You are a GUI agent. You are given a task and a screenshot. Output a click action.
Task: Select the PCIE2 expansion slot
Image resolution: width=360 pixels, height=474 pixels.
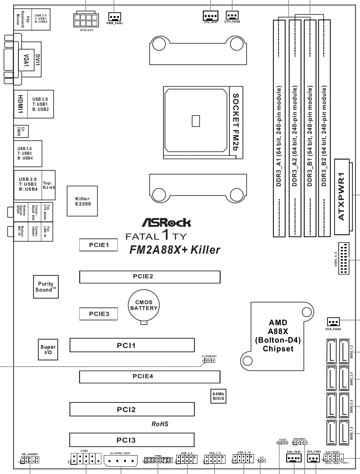[x=150, y=277]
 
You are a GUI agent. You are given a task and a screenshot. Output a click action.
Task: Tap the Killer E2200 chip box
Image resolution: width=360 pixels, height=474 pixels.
[x=82, y=201]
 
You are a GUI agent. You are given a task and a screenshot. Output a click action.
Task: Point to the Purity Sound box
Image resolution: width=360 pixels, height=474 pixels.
[x=46, y=287]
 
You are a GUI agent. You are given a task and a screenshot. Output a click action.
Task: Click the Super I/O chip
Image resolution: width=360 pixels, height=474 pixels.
[x=48, y=350]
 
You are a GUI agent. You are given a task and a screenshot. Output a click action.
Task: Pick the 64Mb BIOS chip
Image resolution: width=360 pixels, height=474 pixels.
[x=218, y=396]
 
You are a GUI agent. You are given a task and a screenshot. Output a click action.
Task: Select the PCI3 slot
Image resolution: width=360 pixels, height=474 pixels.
[x=132, y=440]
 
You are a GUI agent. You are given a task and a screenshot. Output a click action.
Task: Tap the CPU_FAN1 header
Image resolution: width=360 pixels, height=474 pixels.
[x=211, y=16]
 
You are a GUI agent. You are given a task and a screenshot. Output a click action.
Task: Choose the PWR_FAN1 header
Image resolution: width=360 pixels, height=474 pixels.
[x=114, y=17]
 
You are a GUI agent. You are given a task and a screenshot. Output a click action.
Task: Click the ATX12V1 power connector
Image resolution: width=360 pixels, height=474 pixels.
[x=86, y=20]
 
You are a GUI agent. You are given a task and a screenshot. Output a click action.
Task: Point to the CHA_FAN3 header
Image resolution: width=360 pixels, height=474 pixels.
[x=333, y=322]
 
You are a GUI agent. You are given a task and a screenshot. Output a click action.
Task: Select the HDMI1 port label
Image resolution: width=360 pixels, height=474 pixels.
[x=21, y=104]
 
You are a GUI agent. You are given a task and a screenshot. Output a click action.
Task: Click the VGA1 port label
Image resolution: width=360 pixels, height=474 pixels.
[x=26, y=60]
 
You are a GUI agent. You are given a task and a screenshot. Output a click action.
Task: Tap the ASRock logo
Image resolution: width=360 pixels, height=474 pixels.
[x=166, y=223]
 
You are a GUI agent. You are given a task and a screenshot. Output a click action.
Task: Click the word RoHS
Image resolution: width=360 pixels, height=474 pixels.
[x=160, y=424]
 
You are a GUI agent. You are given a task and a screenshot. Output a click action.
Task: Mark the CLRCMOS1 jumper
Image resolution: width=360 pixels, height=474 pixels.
[x=210, y=361]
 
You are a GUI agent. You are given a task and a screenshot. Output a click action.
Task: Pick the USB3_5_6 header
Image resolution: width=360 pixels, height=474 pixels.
[x=343, y=258]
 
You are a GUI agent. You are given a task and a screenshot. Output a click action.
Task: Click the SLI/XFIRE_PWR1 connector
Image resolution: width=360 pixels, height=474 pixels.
[x=120, y=461]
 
